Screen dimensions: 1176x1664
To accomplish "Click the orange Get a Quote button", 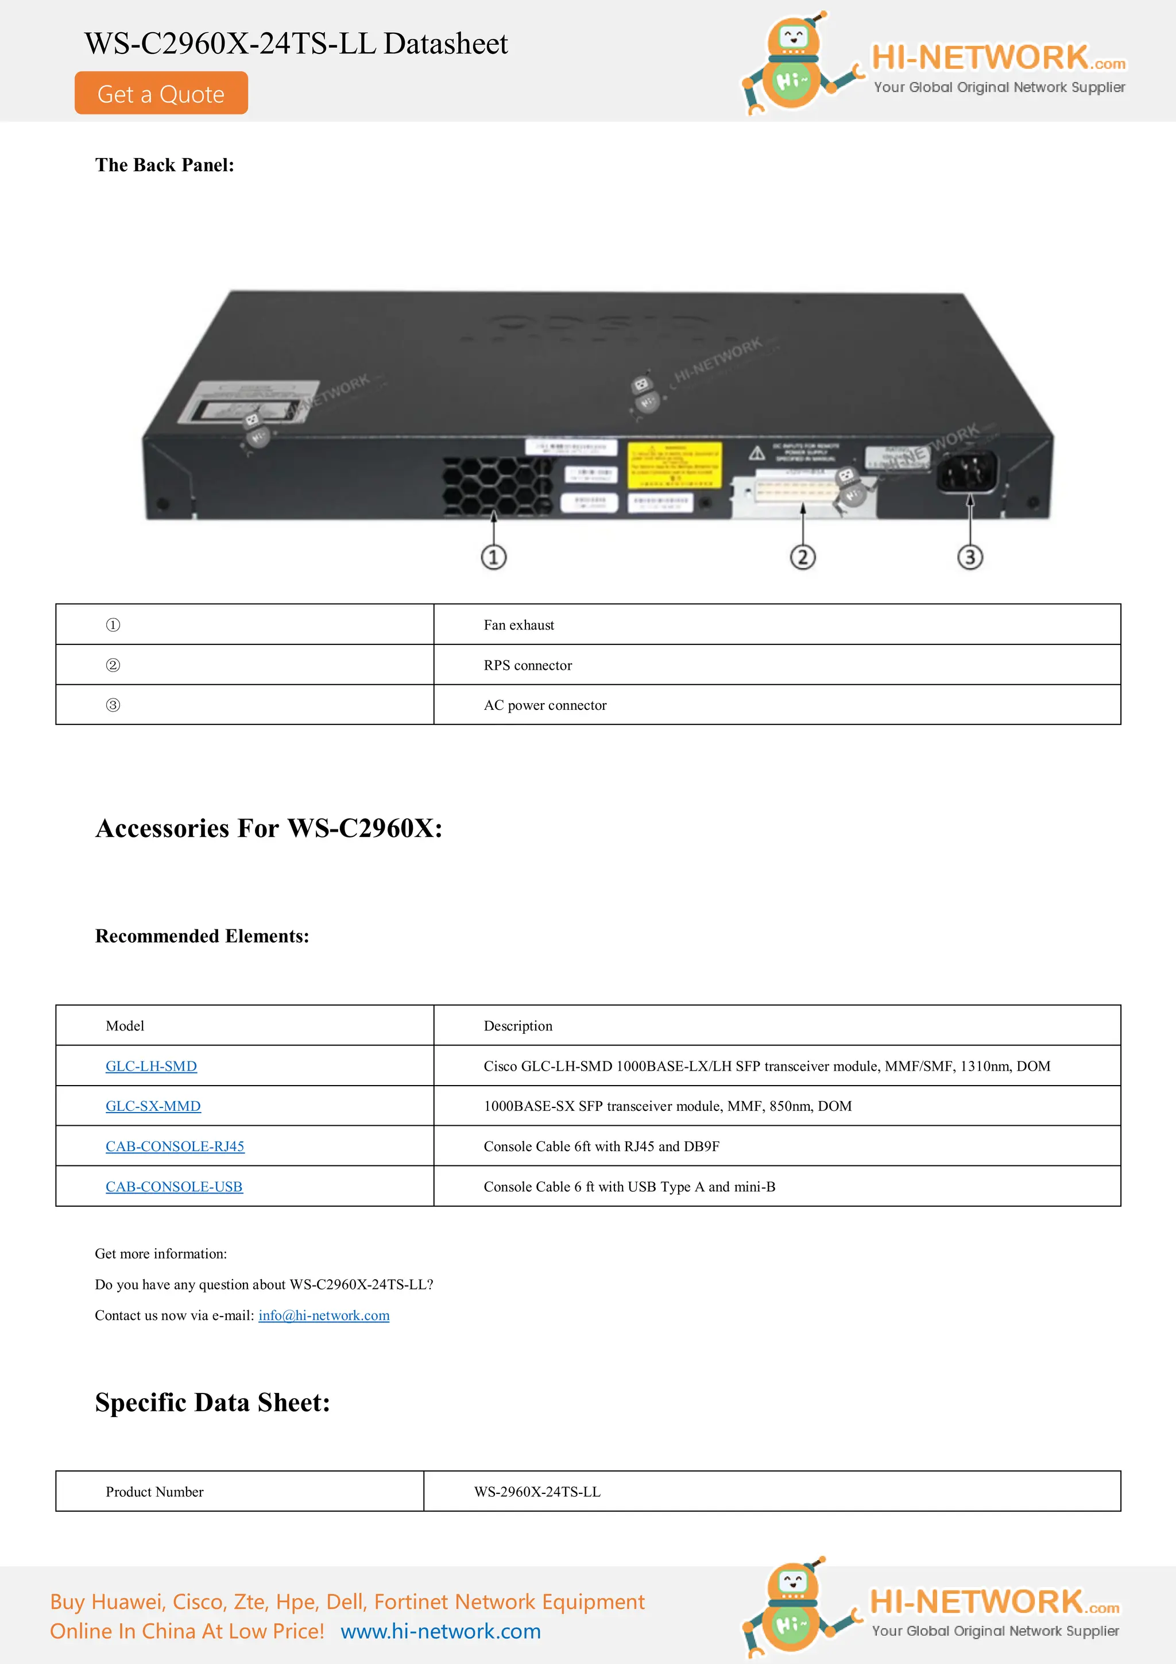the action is (161, 94).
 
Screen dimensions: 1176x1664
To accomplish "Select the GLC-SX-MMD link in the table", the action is (153, 1106).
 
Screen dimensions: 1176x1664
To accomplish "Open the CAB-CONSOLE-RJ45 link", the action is (175, 1146).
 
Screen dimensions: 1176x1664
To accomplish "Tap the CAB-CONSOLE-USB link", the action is (174, 1187).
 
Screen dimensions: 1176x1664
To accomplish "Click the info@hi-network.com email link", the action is (324, 1315).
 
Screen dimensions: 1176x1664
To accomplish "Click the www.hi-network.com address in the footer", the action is (440, 1631).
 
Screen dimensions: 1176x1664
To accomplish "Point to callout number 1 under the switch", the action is (493, 557).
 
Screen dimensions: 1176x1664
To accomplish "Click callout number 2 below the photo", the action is (802, 557).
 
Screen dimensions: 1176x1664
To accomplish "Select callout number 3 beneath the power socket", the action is (970, 557).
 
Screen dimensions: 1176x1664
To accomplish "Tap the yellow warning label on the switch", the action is (674, 465).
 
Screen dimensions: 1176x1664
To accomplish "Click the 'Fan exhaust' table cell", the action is (519, 625).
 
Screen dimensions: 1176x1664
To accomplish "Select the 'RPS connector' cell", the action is (528, 665).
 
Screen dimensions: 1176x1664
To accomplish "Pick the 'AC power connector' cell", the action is (545, 705).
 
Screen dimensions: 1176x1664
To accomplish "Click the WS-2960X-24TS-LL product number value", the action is (537, 1492).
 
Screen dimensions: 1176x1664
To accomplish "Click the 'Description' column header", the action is (518, 1025).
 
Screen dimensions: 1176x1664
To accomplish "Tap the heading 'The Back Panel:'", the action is (164, 165).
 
